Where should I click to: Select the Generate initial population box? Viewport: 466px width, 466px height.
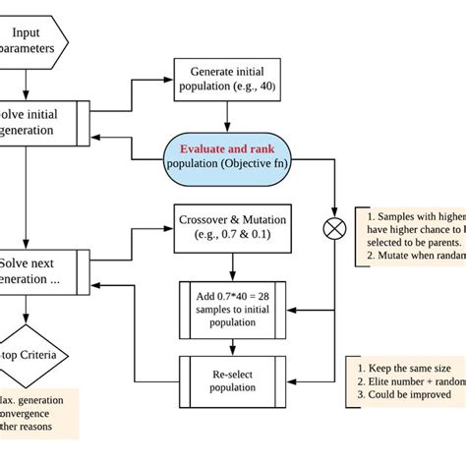[228, 79]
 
